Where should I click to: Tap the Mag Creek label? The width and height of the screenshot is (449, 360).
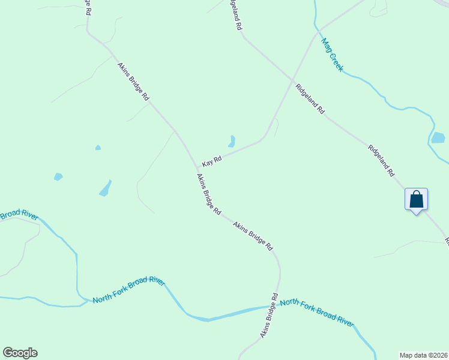[332, 55]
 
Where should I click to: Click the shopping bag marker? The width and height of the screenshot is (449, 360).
[416, 200]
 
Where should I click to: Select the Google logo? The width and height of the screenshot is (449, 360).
[20, 353]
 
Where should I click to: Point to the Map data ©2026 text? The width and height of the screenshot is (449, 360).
[423, 355]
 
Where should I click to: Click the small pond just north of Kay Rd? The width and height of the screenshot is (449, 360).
[231, 142]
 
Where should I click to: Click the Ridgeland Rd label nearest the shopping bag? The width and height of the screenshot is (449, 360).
[381, 161]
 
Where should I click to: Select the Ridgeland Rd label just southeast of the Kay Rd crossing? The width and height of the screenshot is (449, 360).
[310, 99]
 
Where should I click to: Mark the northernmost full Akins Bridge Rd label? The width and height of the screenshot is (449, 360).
[133, 82]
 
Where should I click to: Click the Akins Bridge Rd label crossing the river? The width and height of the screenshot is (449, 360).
[270, 315]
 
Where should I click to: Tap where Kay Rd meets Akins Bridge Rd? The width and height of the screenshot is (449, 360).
[197, 168]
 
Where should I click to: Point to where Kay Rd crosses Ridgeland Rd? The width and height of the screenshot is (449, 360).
[292, 80]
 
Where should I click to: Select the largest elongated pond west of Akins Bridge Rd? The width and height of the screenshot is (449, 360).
[105, 188]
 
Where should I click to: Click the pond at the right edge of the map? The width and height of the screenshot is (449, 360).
[438, 138]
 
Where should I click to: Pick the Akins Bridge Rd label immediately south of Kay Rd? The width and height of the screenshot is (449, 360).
[209, 195]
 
